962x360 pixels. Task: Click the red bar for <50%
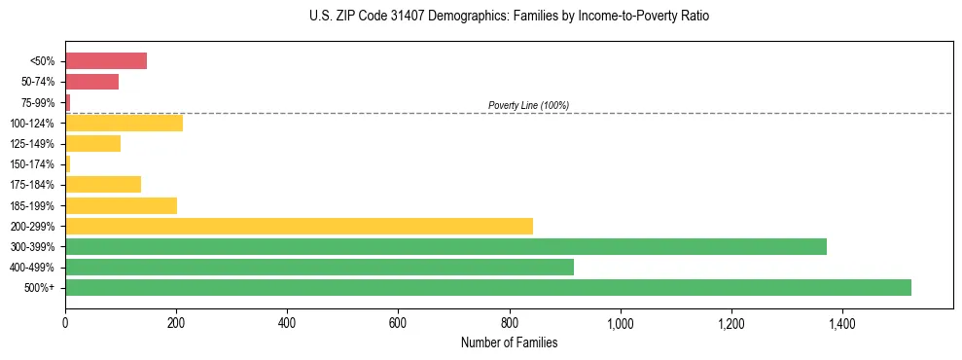click(106, 61)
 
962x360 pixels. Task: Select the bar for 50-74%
click(91, 82)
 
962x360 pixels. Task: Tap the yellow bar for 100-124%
click(124, 124)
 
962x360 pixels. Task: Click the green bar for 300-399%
click(445, 247)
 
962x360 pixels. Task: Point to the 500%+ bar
click(488, 288)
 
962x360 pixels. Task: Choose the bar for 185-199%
click(121, 205)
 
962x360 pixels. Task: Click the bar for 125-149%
click(92, 144)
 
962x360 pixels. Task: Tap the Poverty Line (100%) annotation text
click(528, 105)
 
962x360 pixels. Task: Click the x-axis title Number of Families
click(509, 343)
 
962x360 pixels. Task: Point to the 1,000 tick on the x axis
click(620, 322)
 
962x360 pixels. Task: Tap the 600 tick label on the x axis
click(398, 322)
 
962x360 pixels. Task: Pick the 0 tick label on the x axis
click(65, 322)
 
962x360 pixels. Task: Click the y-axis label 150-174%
click(32, 164)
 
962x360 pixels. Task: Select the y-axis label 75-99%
click(37, 103)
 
